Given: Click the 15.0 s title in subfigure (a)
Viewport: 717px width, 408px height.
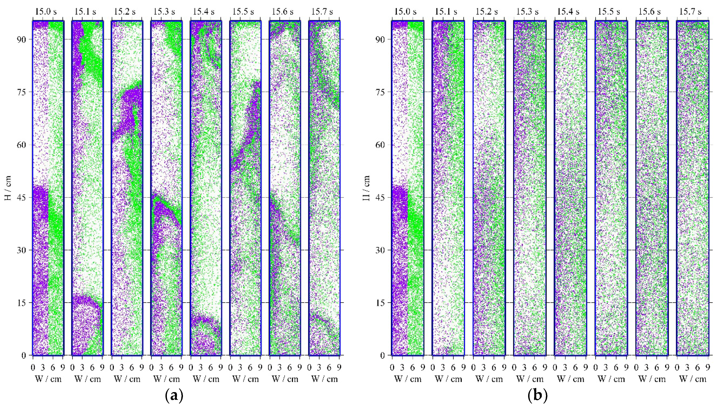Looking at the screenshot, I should pyautogui.click(x=46, y=12).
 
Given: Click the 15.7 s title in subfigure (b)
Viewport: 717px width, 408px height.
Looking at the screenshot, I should pyautogui.click(x=690, y=12).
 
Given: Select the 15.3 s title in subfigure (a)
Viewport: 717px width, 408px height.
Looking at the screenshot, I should pyautogui.click(x=164, y=12).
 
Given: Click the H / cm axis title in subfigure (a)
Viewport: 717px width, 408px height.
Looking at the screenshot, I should pyautogui.click(x=8, y=188).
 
